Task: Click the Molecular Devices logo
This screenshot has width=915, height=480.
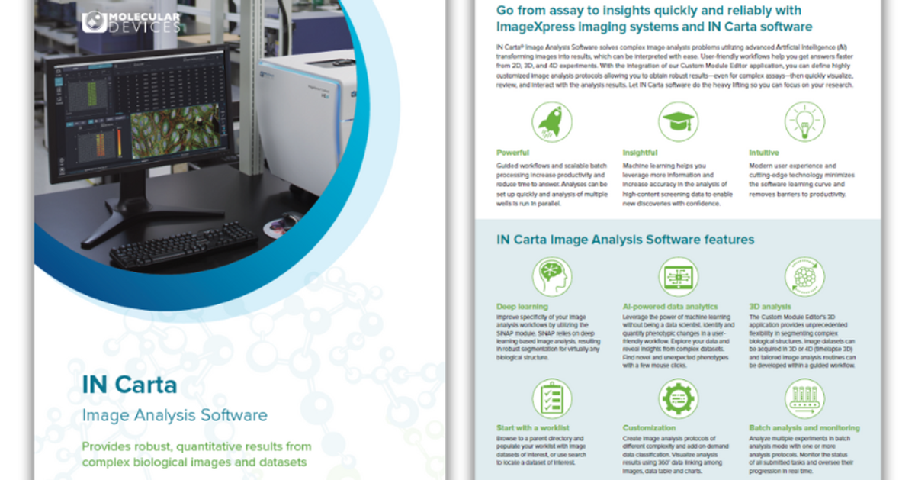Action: pyautogui.click(x=132, y=21)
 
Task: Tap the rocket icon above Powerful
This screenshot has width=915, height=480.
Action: pyautogui.click(x=552, y=122)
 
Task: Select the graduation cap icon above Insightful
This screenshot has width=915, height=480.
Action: pyautogui.click(x=678, y=122)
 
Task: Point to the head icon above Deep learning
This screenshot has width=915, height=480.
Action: pyautogui.click(x=552, y=277)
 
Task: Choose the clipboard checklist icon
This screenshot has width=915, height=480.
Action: pyautogui.click(x=552, y=399)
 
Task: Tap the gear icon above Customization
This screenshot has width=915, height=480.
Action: pyautogui.click(x=678, y=399)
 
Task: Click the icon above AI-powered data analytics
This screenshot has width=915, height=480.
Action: pyautogui.click(x=678, y=277)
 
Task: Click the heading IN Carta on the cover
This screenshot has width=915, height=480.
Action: pyautogui.click(x=130, y=384)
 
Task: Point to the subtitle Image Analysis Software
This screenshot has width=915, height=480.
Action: pyautogui.click(x=175, y=415)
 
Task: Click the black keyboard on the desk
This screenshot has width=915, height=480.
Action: pyautogui.click(x=184, y=243)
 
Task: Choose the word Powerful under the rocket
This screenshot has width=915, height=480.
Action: pyautogui.click(x=512, y=153)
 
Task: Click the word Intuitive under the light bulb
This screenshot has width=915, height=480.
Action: pyautogui.click(x=764, y=153)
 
